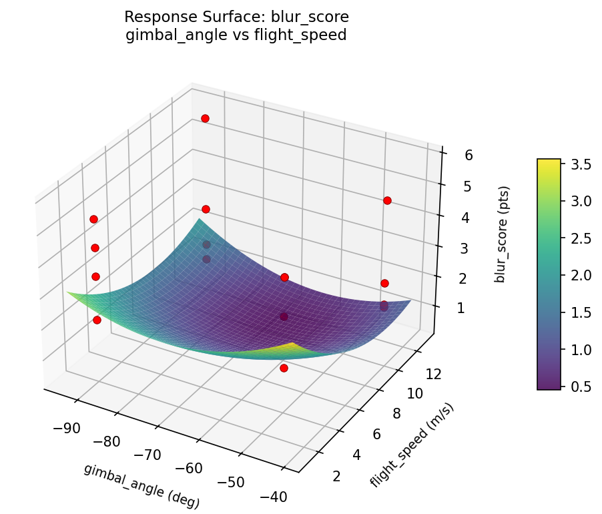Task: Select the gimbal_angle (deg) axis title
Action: point(141,485)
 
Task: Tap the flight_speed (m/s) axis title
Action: point(412,445)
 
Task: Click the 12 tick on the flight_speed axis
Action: point(434,374)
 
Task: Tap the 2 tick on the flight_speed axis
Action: point(336,475)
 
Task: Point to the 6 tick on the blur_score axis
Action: point(469,156)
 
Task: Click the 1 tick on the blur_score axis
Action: point(460,308)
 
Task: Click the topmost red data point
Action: point(205,118)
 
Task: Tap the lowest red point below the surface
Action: point(284,368)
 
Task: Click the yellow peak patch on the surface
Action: point(292,347)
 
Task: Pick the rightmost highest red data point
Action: point(387,200)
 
